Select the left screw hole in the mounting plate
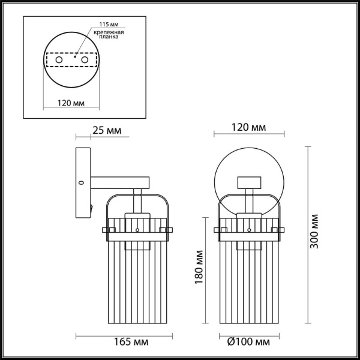[59, 60]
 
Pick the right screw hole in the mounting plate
[85, 60]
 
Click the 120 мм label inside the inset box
[71, 103]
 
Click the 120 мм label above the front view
[249, 128]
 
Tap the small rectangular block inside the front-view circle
[249, 182]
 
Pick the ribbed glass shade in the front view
[249, 273]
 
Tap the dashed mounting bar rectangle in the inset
[71, 60]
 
